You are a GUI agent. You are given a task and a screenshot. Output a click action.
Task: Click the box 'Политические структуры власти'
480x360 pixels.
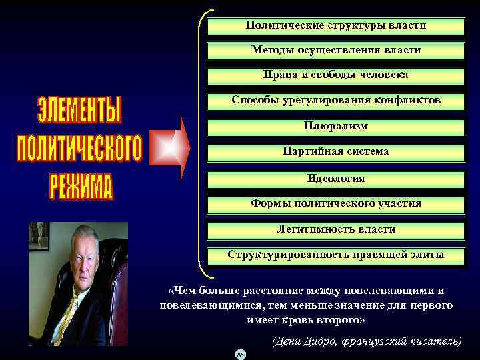click(336, 26)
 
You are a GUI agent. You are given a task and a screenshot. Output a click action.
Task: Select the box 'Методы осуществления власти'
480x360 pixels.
click(336, 51)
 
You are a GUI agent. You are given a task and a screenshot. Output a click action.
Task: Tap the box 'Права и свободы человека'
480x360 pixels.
click(336, 75)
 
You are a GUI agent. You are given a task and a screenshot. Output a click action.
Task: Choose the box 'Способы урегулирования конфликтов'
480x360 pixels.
click(336, 101)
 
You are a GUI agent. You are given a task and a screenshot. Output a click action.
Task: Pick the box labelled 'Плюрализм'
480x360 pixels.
click(336, 127)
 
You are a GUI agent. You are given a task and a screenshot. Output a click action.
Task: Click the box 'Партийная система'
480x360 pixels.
click(336, 152)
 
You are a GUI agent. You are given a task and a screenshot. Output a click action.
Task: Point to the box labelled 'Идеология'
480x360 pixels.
click(336, 179)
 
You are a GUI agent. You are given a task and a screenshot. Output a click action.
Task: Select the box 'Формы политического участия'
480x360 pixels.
click(336, 203)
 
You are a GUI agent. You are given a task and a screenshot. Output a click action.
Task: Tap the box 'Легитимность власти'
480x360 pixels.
click(336, 229)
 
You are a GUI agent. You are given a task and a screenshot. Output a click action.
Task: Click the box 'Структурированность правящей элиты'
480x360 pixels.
click(336, 255)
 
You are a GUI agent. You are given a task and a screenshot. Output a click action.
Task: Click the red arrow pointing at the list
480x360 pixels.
click(173, 147)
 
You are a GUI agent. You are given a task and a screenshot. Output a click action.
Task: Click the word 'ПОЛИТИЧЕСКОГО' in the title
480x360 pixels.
click(79, 149)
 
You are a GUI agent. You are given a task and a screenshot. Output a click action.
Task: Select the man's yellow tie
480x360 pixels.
click(68, 313)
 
